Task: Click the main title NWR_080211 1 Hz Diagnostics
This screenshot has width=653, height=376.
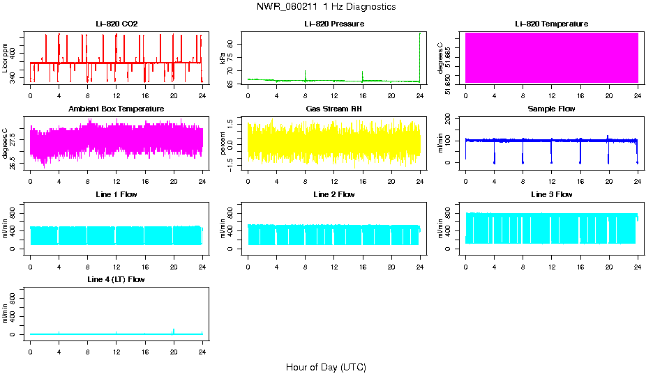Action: [326, 7]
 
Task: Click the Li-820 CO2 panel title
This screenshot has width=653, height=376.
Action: [117, 24]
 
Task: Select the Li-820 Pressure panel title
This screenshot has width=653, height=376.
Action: [334, 24]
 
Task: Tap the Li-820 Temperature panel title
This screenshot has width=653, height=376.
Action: [551, 24]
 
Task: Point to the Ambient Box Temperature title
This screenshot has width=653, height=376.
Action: [117, 109]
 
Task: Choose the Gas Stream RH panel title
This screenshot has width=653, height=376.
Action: [334, 109]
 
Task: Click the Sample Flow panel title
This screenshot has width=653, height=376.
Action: [551, 109]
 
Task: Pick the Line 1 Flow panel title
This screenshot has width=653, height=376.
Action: [117, 194]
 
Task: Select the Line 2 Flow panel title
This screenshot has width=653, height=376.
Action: [334, 194]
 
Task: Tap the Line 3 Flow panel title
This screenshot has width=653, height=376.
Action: [551, 194]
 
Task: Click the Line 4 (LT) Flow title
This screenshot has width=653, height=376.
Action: [117, 279]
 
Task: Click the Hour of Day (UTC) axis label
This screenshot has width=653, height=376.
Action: [326, 367]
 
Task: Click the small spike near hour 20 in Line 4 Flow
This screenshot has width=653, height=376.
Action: [174, 331]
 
